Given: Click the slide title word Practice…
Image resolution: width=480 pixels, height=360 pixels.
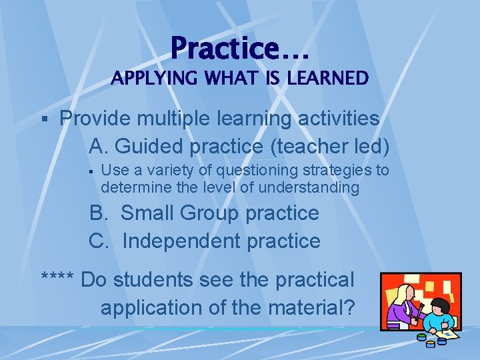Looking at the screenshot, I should pos(240,48).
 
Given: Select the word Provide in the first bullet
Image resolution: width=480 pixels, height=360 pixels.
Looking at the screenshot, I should pos(93,119).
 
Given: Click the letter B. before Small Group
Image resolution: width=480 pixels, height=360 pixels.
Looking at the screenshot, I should pos(99,213).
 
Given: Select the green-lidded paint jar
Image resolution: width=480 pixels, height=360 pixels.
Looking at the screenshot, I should pos(421,337).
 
